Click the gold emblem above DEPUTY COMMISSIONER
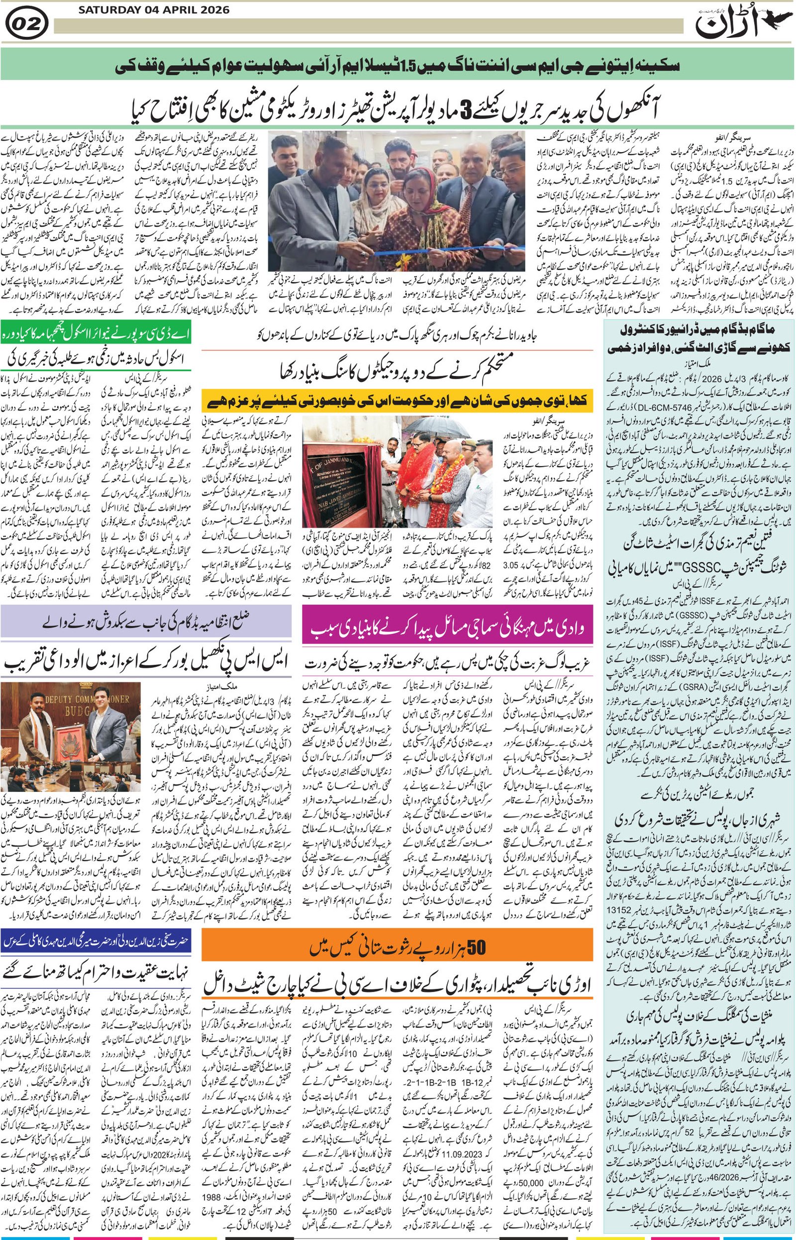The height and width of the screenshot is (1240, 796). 81,688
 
